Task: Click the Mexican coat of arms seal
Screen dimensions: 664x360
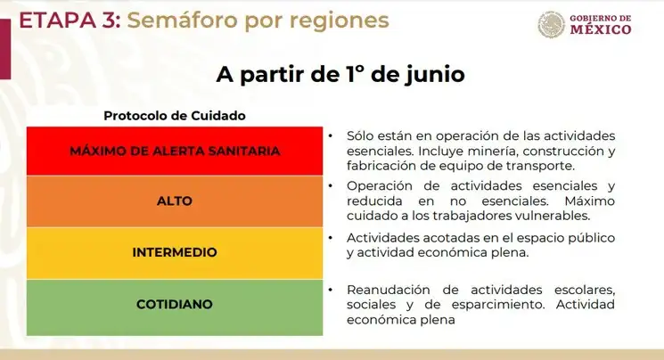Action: [x=552, y=24]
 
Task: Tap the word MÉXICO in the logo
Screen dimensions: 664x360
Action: [x=601, y=29]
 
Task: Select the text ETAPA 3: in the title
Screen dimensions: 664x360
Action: [x=70, y=20]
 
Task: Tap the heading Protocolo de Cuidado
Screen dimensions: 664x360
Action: [x=175, y=116]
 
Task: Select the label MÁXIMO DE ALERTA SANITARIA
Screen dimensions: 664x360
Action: [x=175, y=151]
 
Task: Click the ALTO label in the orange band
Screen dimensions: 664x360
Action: [x=175, y=200]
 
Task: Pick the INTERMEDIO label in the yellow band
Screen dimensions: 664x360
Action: [x=175, y=252]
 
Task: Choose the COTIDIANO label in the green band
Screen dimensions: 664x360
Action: [x=175, y=304]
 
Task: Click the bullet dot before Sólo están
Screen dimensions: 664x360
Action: [x=331, y=136]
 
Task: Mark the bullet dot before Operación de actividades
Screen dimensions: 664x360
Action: [x=331, y=186]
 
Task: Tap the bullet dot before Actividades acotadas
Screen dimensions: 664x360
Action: [x=331, y=238]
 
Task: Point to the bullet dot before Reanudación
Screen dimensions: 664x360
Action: [x=331, y=290]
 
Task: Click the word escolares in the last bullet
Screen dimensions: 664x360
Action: [x=585, y=290]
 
